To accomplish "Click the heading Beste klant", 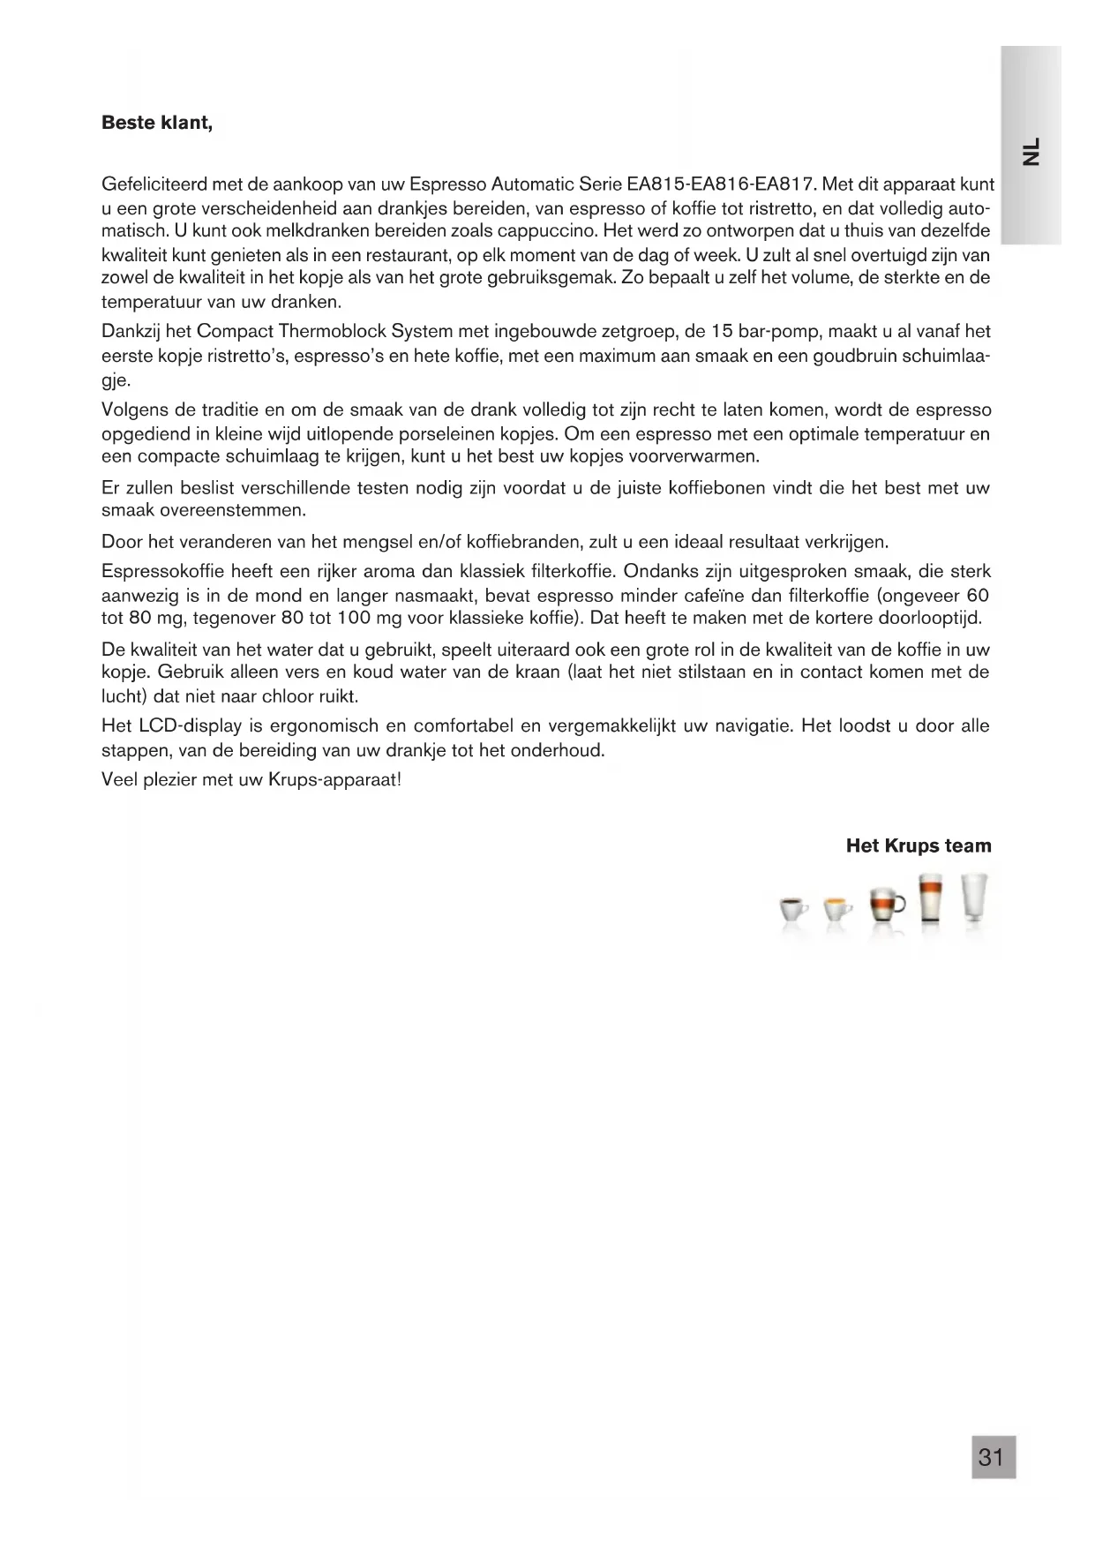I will (x=157, y=123).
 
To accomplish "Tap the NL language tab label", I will (x=1031, y=151).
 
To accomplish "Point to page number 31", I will (x=993, y=1456).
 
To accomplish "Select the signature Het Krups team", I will (x=918, y=845).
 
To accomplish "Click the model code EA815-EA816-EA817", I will (x=721, y=185).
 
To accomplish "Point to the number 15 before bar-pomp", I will (x=722, y=332).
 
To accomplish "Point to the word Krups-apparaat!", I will (x=334, y=780).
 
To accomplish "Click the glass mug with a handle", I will (x=886, y=906).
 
